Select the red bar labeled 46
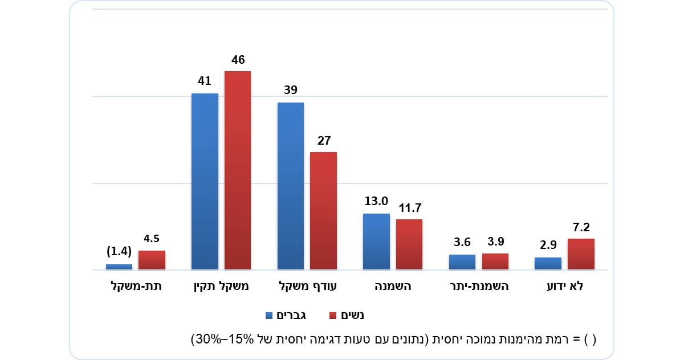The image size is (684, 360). (238, 170)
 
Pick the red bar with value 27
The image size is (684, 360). (323, 211)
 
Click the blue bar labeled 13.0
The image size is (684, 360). (376, 242)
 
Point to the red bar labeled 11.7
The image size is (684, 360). (409, 244)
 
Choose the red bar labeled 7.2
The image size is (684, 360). (581, 254)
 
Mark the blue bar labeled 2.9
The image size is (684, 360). (548, 263)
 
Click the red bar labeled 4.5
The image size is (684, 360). (152, 260)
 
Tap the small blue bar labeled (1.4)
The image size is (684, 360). (119, 267)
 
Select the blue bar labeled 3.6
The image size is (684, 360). (462, 262)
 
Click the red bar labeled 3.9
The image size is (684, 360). (495, 261)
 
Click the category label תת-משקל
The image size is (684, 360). (136, 287)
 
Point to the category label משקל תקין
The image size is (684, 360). (221, 287)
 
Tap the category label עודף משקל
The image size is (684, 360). (307, 287)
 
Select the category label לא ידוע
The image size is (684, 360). (564, 287)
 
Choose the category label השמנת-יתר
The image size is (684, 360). (479, 287)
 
